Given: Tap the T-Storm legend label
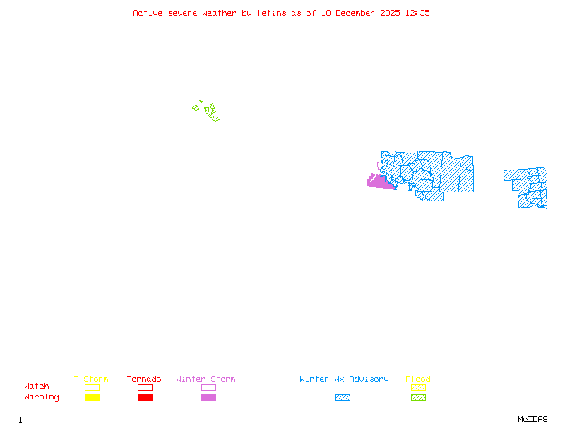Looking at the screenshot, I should (91, 379).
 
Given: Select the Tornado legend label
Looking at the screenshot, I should (144, 379).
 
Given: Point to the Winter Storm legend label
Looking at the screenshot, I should (206, 379).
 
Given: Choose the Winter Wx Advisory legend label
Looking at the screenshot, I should (344, 379).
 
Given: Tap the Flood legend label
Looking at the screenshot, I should (418, 379).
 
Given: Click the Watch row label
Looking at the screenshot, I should (37, 387).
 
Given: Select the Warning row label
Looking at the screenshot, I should (42, 397).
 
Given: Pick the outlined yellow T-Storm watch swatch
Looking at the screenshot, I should (92, 387).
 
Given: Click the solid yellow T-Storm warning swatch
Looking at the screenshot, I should (92, 398).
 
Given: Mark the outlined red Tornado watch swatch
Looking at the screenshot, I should (145, 387).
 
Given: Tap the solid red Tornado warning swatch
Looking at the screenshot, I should (145, 398).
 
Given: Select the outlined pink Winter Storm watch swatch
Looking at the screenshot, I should (208, 387).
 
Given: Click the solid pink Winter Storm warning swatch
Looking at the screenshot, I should (208, 398).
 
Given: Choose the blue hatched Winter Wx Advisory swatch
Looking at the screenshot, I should (343, 398).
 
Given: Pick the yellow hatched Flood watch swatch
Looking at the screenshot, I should (418, 387).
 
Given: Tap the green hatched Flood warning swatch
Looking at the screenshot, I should (418, 398).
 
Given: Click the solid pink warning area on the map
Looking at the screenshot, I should (380, 183).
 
